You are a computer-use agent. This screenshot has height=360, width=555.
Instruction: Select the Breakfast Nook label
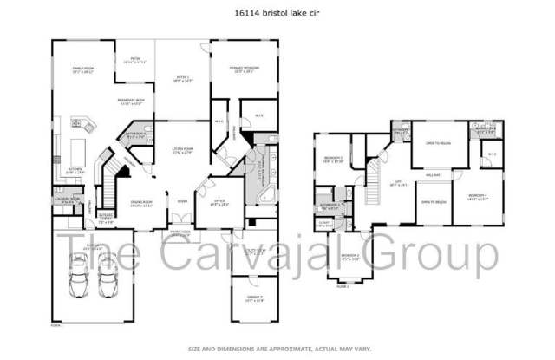pos(133,101)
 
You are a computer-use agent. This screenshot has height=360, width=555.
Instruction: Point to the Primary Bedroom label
pos(247,70)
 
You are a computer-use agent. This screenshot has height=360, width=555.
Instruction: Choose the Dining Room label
pos(141,204)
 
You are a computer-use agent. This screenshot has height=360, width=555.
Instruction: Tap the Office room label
pos(219,204)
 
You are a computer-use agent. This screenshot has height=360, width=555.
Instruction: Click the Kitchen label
pos(75,171)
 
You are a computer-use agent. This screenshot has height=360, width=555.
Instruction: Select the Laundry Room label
pos(69,200)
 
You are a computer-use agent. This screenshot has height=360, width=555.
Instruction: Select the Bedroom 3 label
pos(334,160)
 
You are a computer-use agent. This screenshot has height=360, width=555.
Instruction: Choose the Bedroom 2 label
pos(350,257)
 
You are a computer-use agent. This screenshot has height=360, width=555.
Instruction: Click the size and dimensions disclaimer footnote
pos(277,348)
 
